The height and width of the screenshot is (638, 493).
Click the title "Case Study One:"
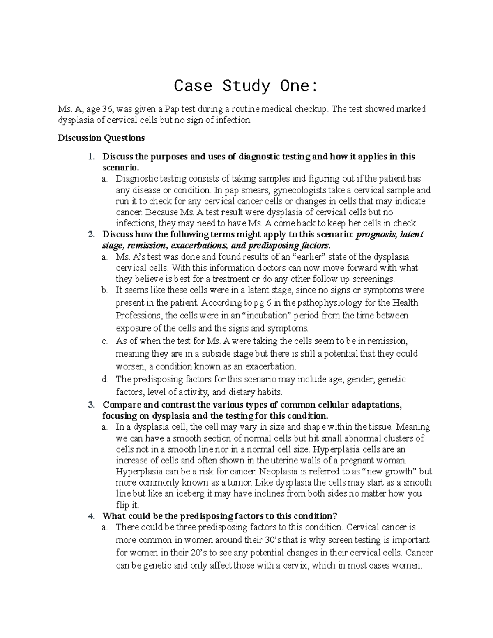pyautogui.click(x=246, y=86)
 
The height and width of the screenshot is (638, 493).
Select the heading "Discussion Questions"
pyautogui.click(x=101, y=138)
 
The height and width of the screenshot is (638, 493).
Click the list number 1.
pyautogui.click(x=92, y=157)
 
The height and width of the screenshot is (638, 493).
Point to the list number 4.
pyautogui.click(x=92, y=516)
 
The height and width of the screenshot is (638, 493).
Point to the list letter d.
pyautogui.click(x=104, y=379)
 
